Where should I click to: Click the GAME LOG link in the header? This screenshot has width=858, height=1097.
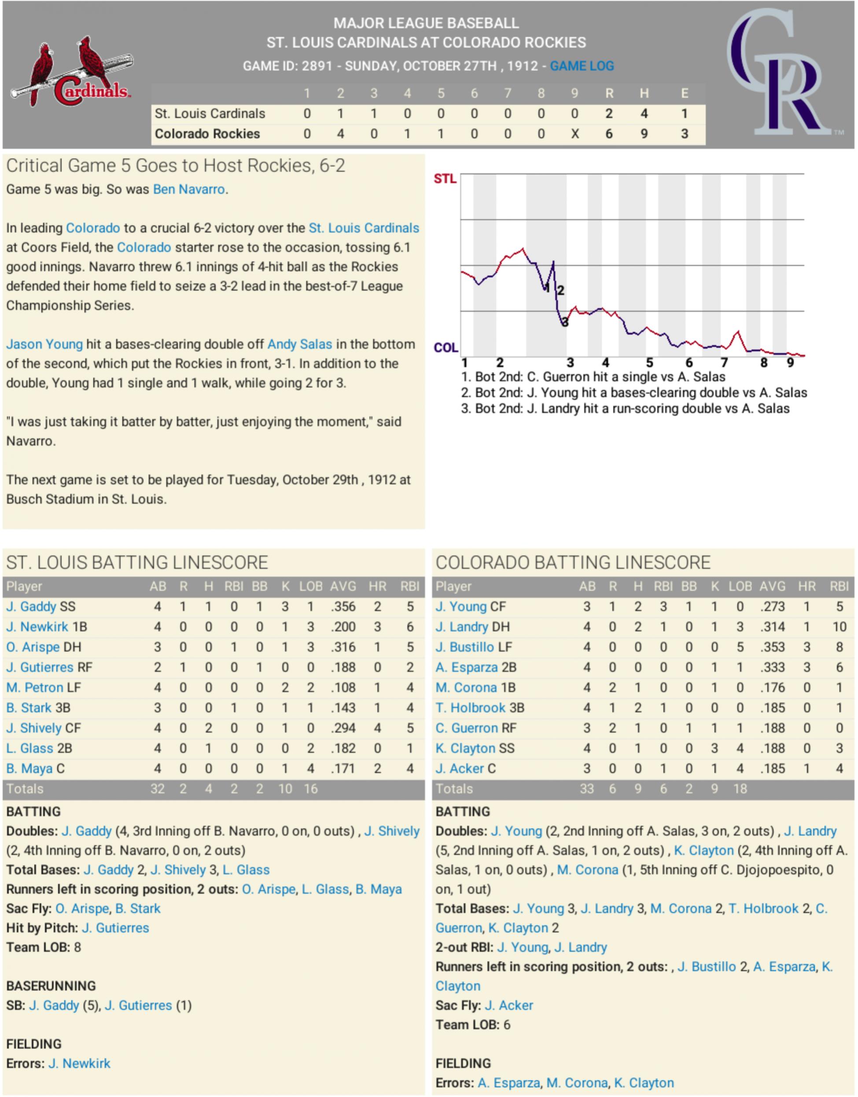[x=582, y=66]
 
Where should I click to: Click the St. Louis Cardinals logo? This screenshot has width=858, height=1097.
[x=71, y=71]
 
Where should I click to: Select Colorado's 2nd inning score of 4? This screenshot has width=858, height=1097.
[x=340, y=134]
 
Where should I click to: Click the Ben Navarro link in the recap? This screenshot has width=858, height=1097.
[x=188, y=189]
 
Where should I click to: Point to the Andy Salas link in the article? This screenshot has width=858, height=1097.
[x=299, y=344]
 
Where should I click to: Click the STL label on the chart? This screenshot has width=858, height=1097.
[x=445, y=179]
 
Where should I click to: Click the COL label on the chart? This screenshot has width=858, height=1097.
[x=446, y=348]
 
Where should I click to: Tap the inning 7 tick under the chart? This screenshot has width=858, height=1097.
[x=724, y=363]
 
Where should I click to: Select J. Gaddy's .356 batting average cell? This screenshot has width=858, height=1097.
[x=343, y=606]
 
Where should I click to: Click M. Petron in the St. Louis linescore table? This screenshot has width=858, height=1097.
[x=35, y=687]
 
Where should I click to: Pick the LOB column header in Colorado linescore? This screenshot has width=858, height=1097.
[x=740, y=587]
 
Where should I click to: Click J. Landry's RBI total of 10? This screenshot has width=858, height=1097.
[x=839, y=627]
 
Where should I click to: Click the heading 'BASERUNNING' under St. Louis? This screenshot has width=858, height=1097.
[x=51, y=986]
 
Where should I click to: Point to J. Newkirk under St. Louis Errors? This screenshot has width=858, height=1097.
[x=79, y=1064]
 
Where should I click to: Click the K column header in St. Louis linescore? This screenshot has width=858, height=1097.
[x=285, y=587]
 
